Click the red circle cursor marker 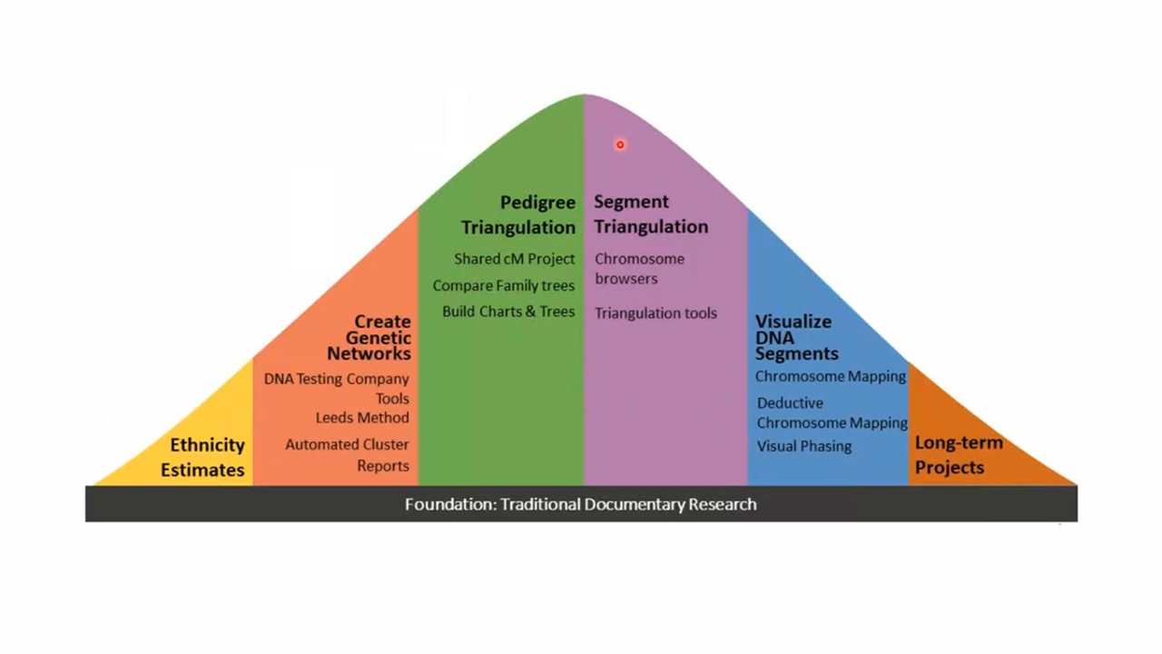tap(620, 144)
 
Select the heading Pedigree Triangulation tap(518, 214)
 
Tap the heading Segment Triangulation tap(651, 214)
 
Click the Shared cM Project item tap(514, 259)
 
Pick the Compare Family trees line tap(503, 285)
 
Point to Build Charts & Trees tap(508, 312)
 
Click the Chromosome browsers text tap(639, 269)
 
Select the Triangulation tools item tap(655, 313)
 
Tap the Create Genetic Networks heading tap(369, 337)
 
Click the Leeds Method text tap(362, 418)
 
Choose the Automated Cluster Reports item tap(347, 455)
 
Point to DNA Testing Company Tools tap(337, 388)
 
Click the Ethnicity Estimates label tap(203, 457)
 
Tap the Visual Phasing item tap(804, 446)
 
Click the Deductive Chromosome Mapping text tap(832, 412)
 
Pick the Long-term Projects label tap(959, 455)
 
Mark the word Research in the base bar tap(723, 504)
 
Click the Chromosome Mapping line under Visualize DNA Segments tap(830, 376)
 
